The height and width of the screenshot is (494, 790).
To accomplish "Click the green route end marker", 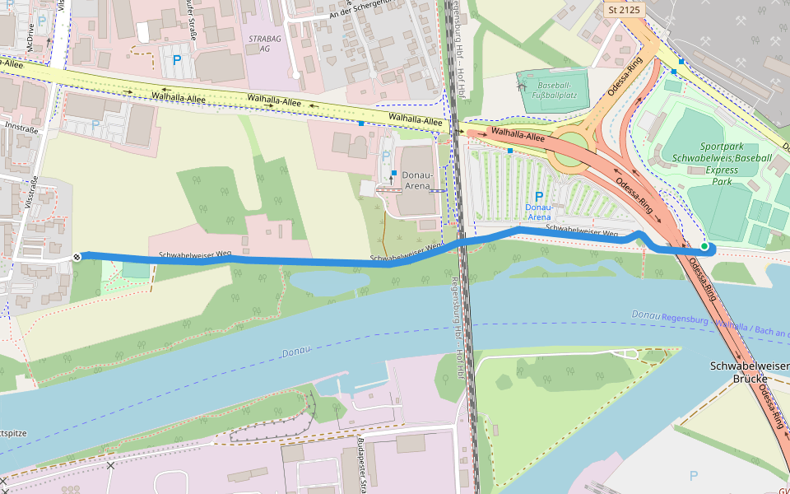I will coord(704,246).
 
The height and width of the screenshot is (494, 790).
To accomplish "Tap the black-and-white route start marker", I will coord(77,257).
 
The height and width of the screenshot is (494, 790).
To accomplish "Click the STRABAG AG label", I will coord(259,44).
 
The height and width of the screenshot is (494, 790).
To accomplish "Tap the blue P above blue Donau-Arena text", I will coord(539,197).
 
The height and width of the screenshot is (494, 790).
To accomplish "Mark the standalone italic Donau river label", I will coord(295,352).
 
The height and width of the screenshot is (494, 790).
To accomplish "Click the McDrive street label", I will coord(30,37).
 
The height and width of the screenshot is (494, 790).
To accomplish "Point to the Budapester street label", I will coord(361,465).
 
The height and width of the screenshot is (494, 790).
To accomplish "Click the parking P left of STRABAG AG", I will coord(176,59).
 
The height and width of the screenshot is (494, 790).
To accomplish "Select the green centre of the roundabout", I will coord(574,141).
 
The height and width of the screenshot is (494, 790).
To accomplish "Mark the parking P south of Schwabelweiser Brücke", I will coord(693,475).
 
